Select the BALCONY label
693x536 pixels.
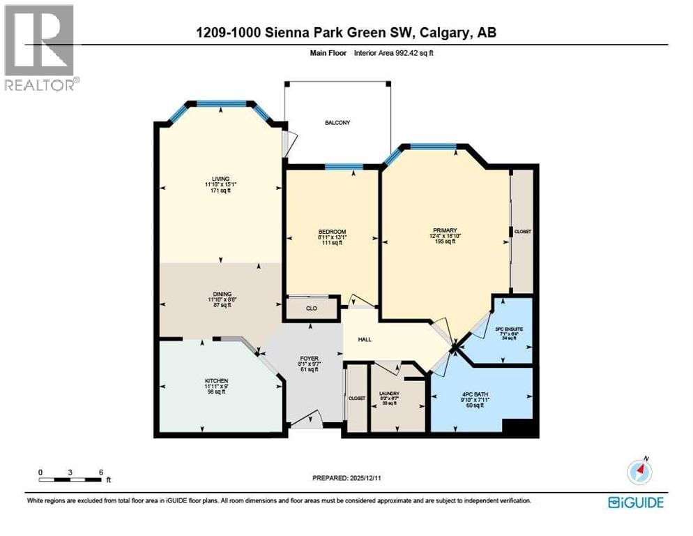click(x=337, y=123)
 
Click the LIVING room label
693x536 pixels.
click(x=222, y=179)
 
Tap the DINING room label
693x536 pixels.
click(x=222, y=294)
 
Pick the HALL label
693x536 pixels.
click(x=365, y=340)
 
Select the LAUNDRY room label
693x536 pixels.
click(x=390, y=394)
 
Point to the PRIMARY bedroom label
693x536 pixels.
click(x=444, y=230)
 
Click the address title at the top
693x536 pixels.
click(x=346, y=33)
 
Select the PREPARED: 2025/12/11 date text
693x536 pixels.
click(x=346, y=478)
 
